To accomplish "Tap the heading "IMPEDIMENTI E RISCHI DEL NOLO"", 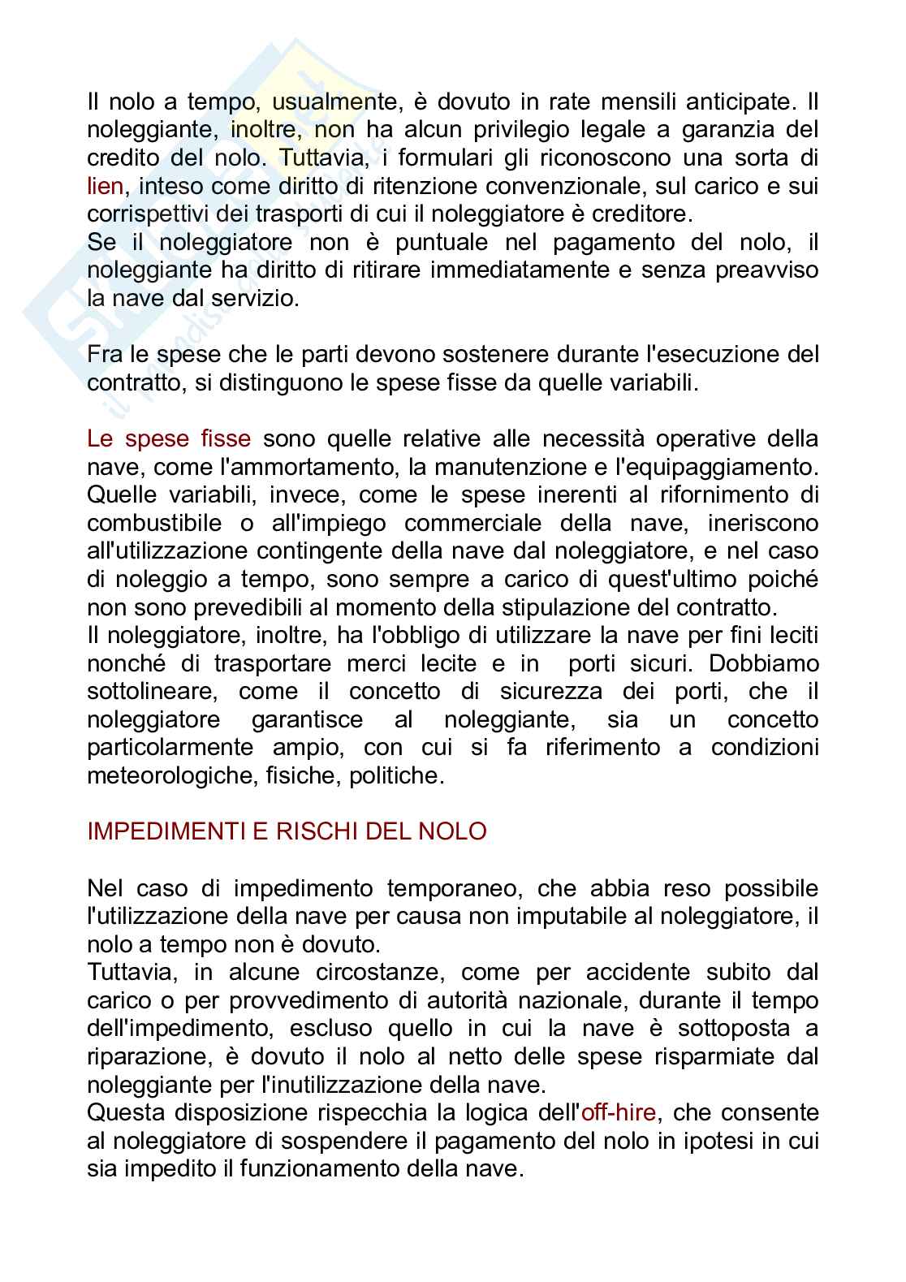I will click(287, 831).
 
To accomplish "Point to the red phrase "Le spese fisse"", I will click(169, 439).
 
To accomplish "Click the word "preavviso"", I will click(766, 270).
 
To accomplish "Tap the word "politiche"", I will click(396, 775).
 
